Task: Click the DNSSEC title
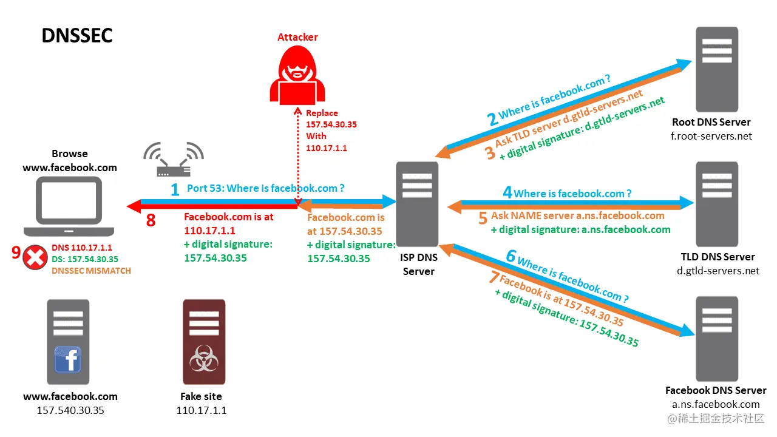coord(77,35)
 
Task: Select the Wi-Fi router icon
coord(174,161)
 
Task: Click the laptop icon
coord(69,206)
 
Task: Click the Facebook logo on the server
coord(68,359)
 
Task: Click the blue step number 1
coord(175,190)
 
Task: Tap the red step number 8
coord(151,220)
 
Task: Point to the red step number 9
coord(16,252)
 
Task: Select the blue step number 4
coord(507,193)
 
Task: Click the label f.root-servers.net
coord(711,136)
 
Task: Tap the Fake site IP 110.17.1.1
coord(201,410)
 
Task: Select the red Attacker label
coord(297,37)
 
